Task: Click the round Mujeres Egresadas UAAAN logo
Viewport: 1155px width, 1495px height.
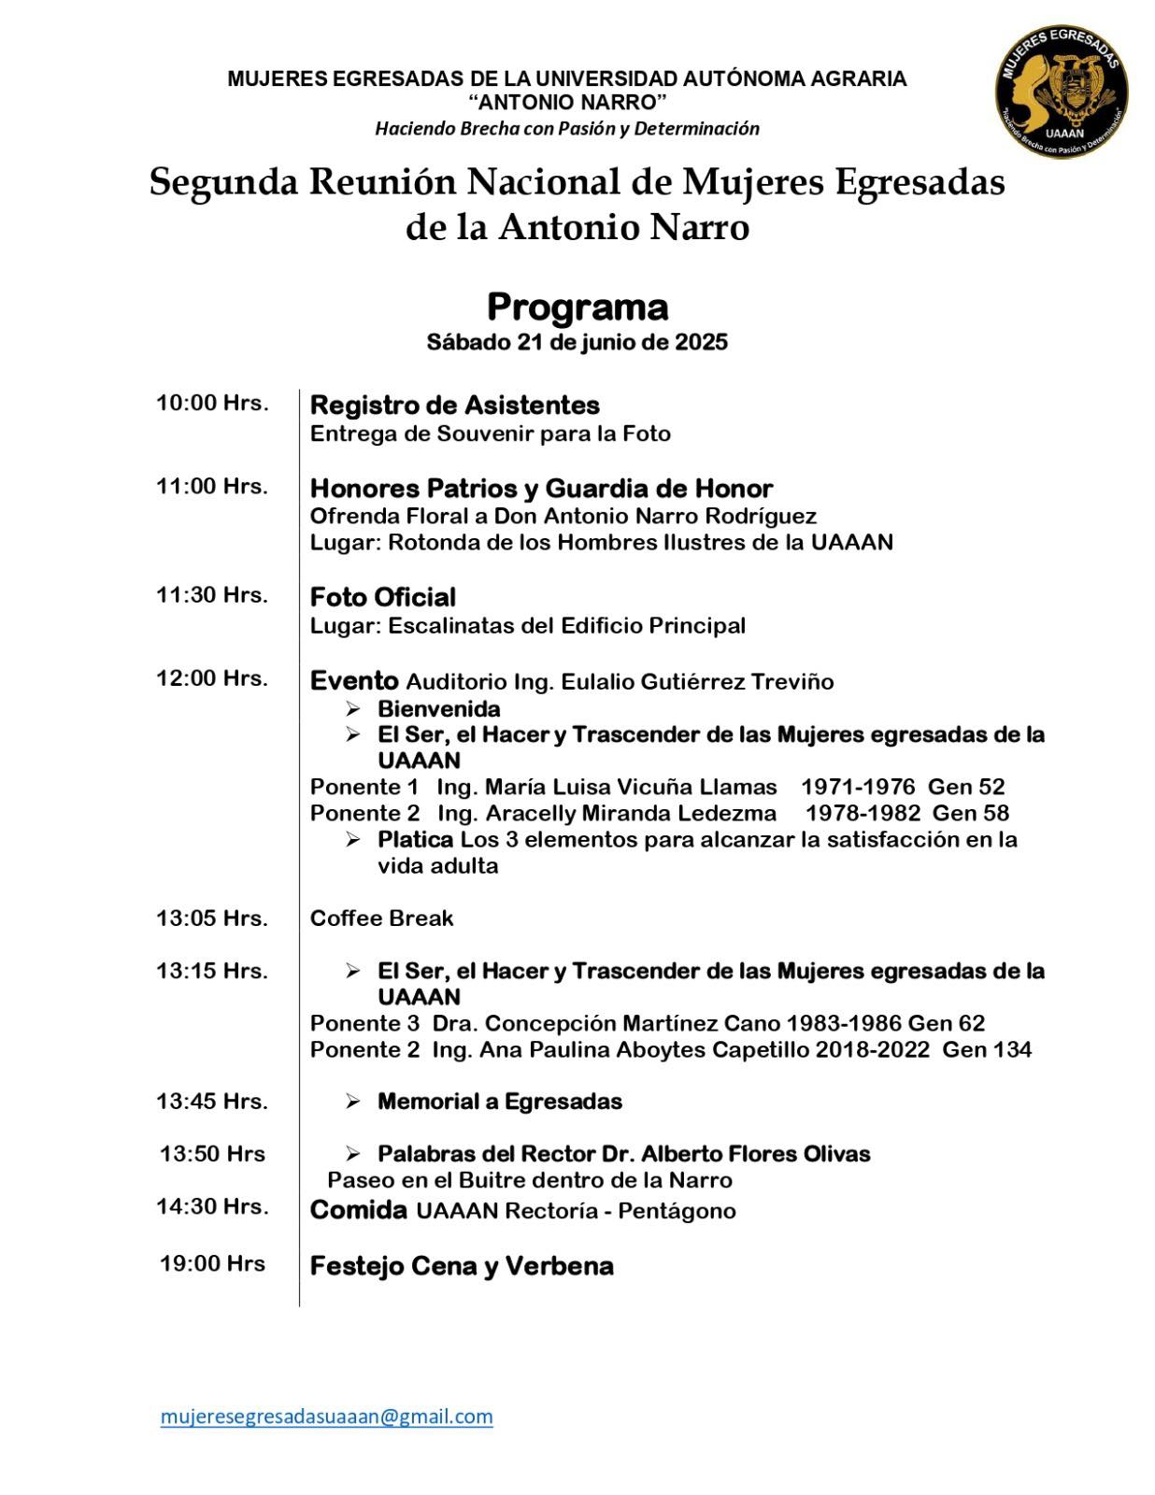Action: (x=1061, y=91)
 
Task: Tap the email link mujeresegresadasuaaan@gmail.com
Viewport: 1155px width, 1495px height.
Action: (x=326, y=1416)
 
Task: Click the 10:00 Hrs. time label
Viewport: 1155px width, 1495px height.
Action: (x=212, y=404)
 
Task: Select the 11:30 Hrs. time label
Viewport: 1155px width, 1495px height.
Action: (x=212, y=595)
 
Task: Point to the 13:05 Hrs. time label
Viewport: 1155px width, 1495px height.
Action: (x=212, y=918)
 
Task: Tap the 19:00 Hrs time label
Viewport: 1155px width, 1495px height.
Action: (x=212, y=1264)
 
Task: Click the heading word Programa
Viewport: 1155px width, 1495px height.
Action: (x=577, y=307)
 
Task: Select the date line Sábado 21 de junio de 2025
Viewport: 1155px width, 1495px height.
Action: (x=577, y=342)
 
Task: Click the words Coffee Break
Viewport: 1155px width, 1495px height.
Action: (x=381, y=918)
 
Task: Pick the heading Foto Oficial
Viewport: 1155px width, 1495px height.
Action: (x=383, y=597)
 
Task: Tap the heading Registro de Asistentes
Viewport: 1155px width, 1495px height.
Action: (x=455, y=406)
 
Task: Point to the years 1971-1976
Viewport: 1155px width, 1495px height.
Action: (x=858, y=787)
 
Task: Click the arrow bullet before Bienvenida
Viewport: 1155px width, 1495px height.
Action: (x=352, y=708)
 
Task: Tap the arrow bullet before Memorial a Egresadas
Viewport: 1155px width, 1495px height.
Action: (x=352, y=1102)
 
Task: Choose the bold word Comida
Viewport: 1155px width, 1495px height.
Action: (x=358, y=1211)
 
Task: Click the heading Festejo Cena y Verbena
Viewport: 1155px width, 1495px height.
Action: (x=462, y=1266)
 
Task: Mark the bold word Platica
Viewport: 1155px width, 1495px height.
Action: (x=415, y=839)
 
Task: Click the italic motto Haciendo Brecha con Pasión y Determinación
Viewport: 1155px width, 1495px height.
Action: (x=567, y=129)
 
